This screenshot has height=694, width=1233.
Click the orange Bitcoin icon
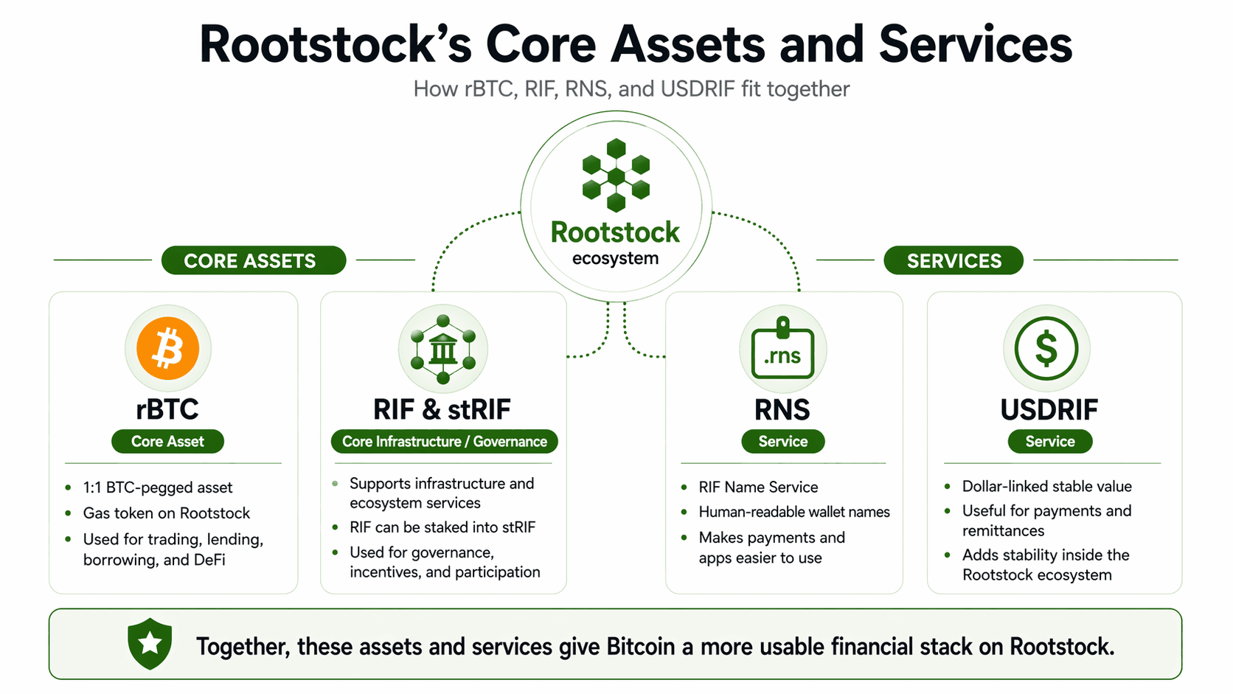[168, 348]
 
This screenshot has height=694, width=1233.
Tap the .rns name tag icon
[782, 350]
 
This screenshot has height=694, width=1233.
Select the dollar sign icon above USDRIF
[1046, 349]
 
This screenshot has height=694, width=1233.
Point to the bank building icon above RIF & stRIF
[442, 349]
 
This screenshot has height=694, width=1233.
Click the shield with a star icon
[150, 643]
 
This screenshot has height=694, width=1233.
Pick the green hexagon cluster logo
[616, 176]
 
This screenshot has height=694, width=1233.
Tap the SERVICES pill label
[954, 260]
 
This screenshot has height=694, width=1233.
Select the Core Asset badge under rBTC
[167, 441]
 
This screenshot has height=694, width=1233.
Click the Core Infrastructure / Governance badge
[444, 441]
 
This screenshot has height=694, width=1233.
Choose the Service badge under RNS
[782, 441]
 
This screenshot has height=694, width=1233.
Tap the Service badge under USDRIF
[1049, 441]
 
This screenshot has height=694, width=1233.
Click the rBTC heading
[167, 409]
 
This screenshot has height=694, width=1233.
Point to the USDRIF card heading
[1049, 409]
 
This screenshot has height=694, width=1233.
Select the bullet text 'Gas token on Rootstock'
[167, 513]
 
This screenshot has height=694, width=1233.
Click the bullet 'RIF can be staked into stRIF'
[442, 527]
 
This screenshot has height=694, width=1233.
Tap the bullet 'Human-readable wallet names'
[794, 512]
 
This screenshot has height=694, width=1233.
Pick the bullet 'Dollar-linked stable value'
[1046, 487]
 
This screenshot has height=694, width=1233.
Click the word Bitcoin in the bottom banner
[640, 647]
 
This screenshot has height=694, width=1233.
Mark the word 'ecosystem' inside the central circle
[615, 259]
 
